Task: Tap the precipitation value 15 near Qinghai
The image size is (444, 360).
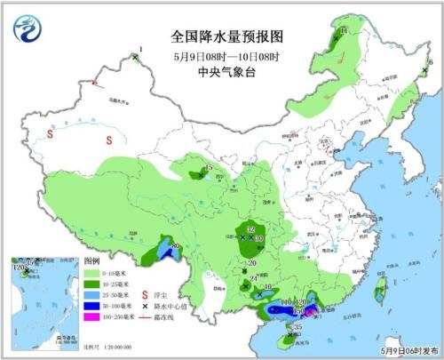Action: click(x=209, y=169)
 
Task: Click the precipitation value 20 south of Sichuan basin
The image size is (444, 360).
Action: click(x=252, y=264)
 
